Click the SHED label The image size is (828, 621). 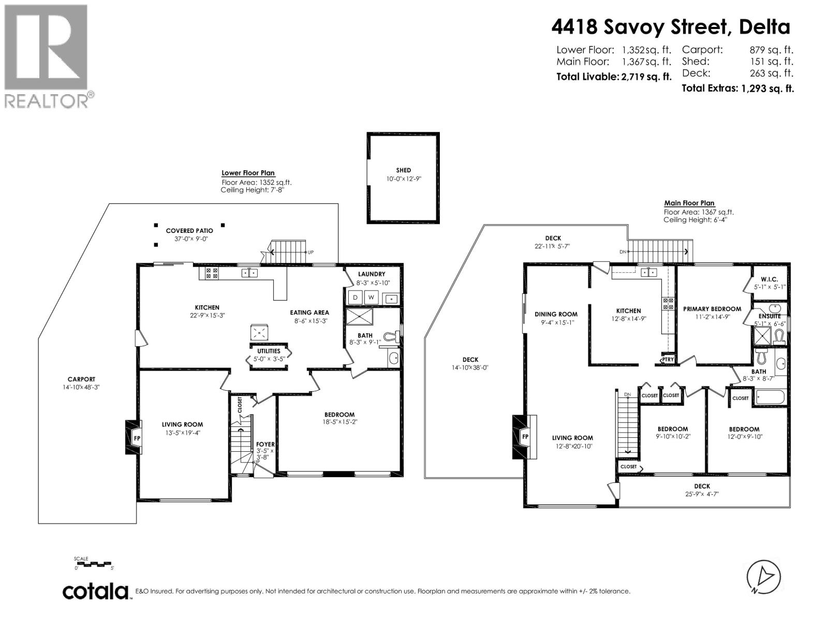403,170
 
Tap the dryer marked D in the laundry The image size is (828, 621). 356,298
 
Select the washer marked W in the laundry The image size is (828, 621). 372,298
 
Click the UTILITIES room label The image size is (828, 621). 269,351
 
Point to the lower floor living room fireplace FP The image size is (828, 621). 136,438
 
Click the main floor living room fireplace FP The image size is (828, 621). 524,437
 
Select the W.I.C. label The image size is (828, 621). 770,279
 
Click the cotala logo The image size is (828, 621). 96,591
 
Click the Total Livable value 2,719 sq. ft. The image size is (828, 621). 646,77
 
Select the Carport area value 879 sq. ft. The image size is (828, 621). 771,50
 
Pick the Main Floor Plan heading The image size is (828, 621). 689,203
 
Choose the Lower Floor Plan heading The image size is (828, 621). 248,173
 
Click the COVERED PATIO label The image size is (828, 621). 189,231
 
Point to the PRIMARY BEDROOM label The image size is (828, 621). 712,309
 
